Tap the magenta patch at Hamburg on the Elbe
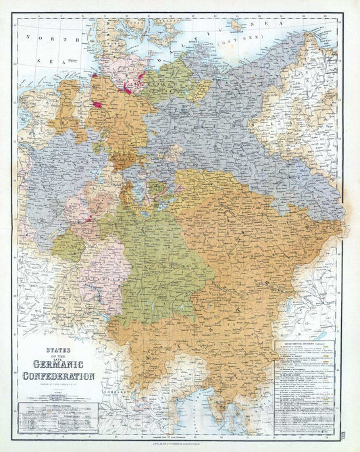(126, 89)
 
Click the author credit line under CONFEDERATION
(59, 385)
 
